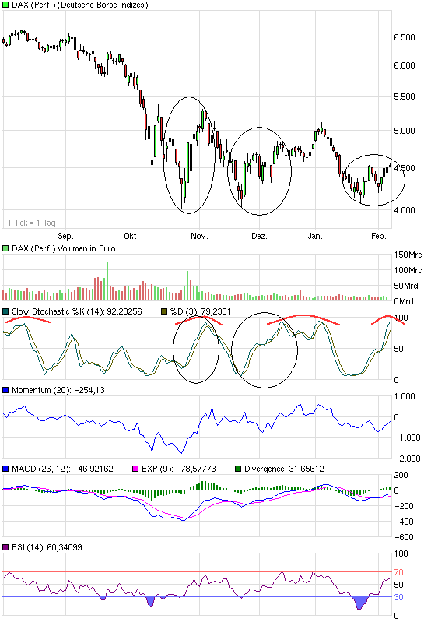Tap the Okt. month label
click(131, 236)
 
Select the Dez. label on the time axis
click(259, 236)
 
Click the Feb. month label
click(379, 236)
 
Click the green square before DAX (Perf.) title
click(5, 5)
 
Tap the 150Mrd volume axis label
click(407, 255)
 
